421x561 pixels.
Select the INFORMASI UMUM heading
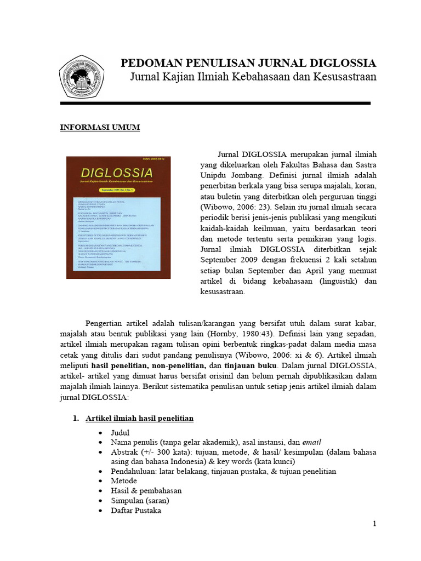point(100,128)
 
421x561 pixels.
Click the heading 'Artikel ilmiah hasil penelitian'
point(139,419)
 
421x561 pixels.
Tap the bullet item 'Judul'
point(120,433)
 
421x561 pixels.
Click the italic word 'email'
point(310,443)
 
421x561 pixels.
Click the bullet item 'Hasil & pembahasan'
point(146,491)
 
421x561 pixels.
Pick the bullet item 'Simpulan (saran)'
point(140,501)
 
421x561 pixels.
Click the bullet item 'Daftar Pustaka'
point(136,511)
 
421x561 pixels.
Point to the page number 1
point(374,524)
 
